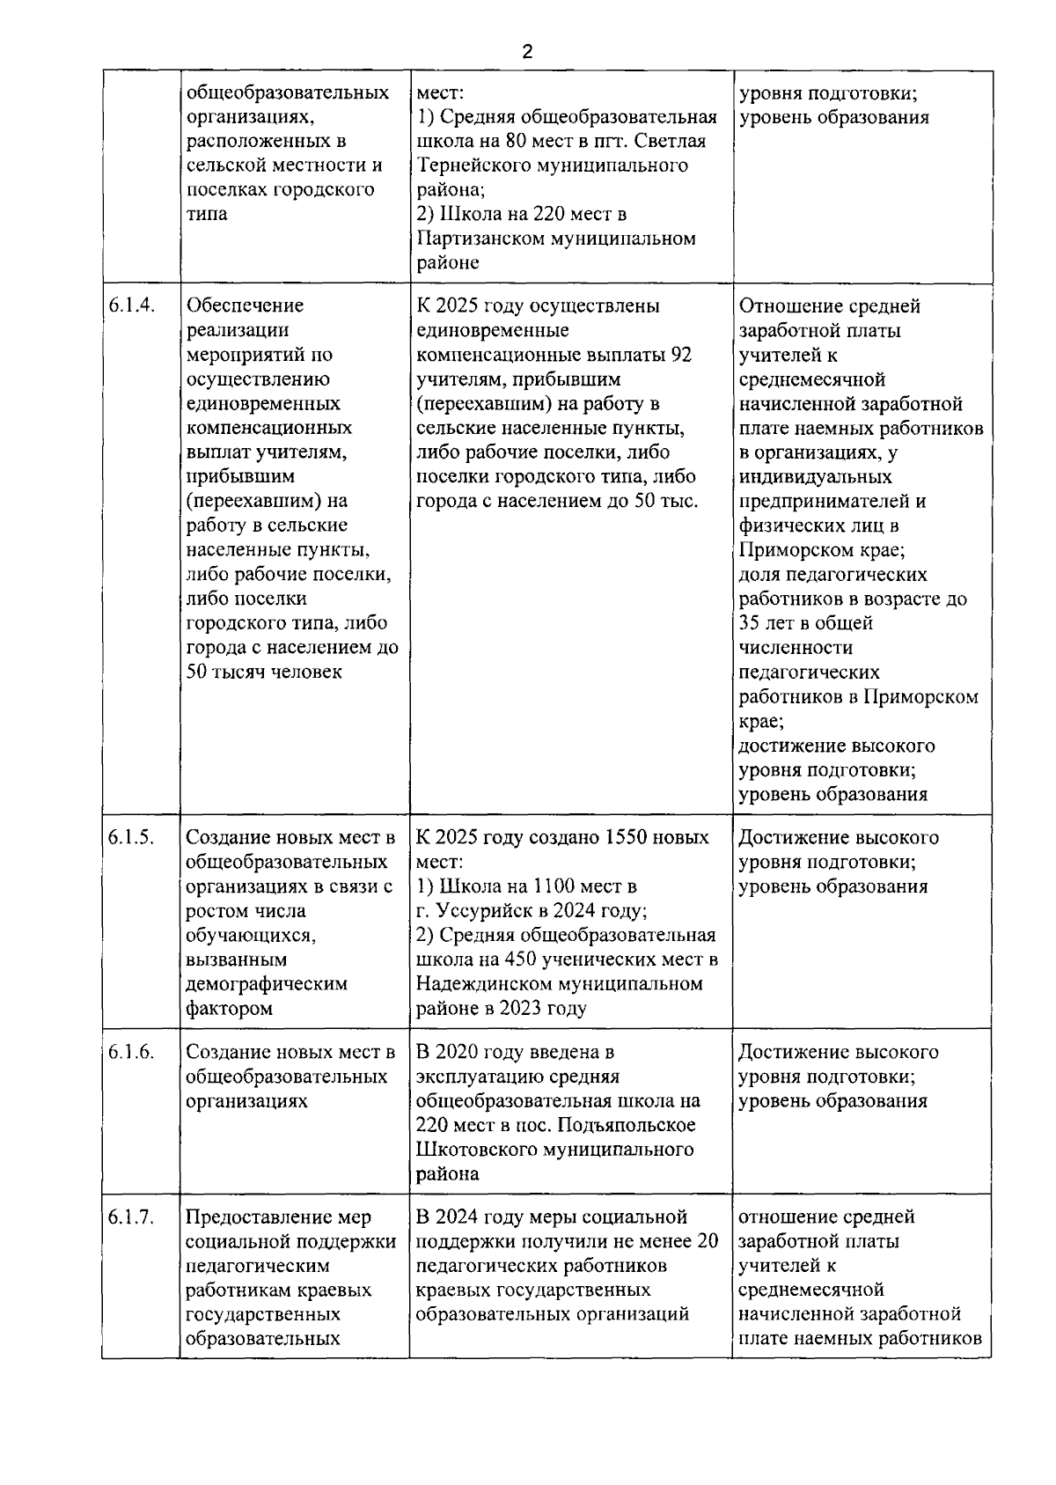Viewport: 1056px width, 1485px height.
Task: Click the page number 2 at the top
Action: click(527, 52)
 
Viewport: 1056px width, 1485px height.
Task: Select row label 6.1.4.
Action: click(132, 305)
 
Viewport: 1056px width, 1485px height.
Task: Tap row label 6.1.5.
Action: click(132, 837)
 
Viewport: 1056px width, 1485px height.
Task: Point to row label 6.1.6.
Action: click(132, 1052)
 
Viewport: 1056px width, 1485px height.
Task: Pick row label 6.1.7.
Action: click(132, 1217)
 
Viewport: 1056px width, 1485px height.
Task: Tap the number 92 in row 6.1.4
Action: click(681, 355)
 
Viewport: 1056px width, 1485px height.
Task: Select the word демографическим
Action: click(267, 984)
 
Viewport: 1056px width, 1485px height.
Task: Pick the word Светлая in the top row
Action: click(673, 142)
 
